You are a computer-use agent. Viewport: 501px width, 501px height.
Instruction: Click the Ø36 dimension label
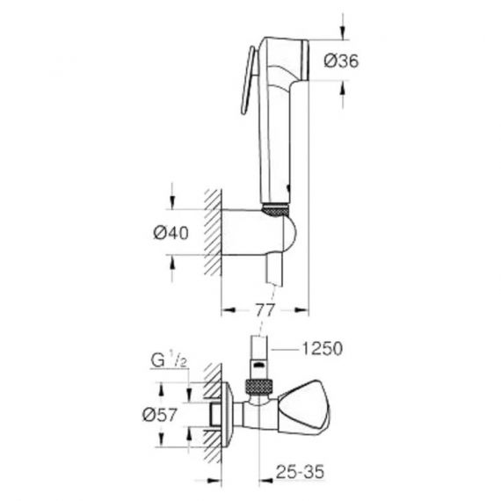click(341, 61)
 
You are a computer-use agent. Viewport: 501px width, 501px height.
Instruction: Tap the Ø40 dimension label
click(171, 233)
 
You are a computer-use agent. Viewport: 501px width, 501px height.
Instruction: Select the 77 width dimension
click(265, 310)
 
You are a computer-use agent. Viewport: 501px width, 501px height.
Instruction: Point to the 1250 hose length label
click(322, 349)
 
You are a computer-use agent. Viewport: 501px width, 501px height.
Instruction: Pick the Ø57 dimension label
click(159, 415)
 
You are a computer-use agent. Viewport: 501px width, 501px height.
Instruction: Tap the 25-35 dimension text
click(300, 472)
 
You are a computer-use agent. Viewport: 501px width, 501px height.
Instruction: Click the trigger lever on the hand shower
click(248, 80)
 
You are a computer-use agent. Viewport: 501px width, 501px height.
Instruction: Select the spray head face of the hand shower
click(305, 60)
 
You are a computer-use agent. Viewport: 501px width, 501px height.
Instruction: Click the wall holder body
click(258, 233)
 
